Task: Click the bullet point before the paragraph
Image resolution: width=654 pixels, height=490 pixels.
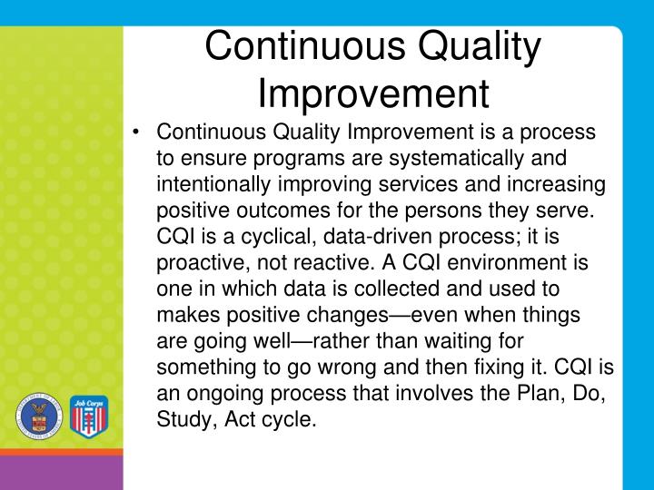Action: (x=134, y=132)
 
